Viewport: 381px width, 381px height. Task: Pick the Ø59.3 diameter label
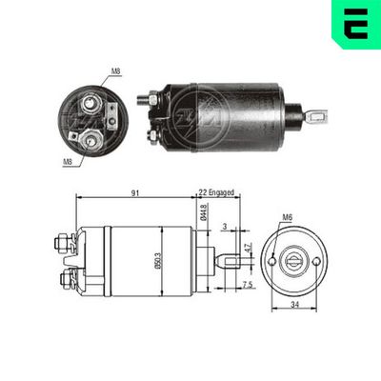point(170,259)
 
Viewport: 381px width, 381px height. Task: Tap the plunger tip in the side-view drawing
point(234,257)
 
